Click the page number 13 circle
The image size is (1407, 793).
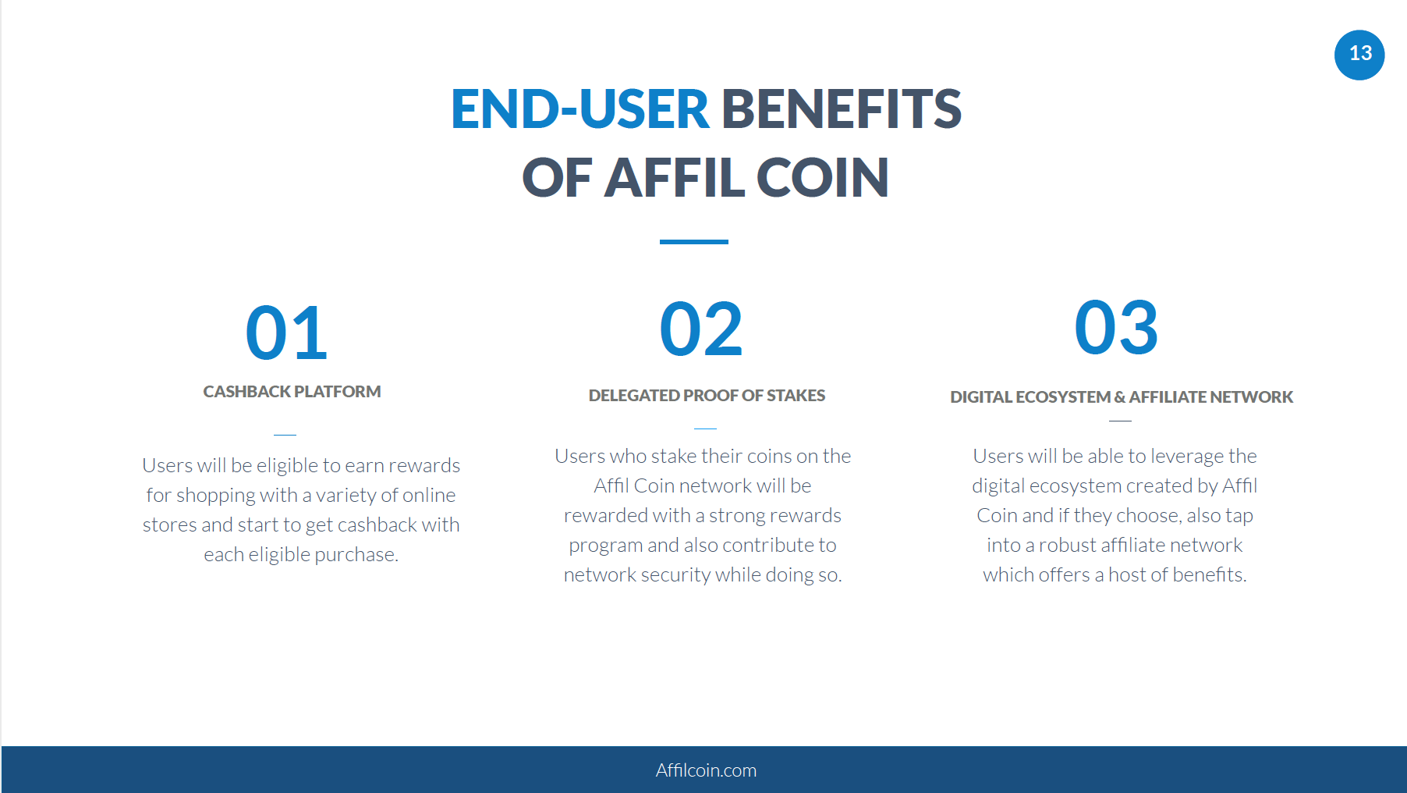click(x=1359, y=55)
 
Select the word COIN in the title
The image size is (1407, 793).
click(x=822, y=177)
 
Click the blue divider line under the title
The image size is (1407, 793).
click(x=694, y=242)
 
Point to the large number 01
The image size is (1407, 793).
click(x=286, y=332)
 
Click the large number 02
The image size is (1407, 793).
click(x=701, y=329)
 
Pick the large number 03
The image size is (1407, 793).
click(x=1116, y=328)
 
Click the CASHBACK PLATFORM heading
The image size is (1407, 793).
click(x=292, y=392)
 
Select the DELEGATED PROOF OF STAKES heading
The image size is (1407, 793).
click(x=707, y=396)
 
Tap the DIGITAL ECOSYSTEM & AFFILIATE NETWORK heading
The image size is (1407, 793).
click(x=1122, y=397)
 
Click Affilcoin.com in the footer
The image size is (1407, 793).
click(x=706, y=770)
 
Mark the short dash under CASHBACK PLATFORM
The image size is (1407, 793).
click(x=285, y=434)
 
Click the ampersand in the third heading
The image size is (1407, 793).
click(x=1119, y=397)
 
